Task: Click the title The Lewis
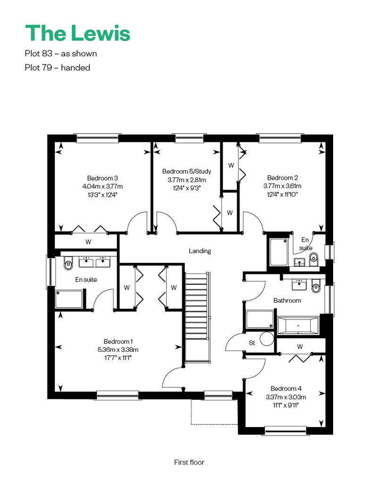pos(77,33)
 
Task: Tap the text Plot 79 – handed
pos(58,68)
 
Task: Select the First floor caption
pos(189,462)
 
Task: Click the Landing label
pos(200,251)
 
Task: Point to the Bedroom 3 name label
pos(103,178)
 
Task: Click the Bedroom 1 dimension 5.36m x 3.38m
pos(118,350)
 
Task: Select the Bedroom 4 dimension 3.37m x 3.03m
pos(286,397)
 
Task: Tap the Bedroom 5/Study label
pos(187,171)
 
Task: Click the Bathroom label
pos(287,300)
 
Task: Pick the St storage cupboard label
pos(252,343)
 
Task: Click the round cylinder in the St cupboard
pos(267,339)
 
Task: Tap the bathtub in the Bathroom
pos(298,325)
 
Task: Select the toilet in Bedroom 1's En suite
pos(68,263)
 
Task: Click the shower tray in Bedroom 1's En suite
pos(69,299)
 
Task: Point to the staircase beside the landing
pos(198,317)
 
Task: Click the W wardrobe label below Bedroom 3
pos(88,242)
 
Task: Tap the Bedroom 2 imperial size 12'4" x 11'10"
pos(282,194)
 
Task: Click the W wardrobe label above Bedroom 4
pos(300,347)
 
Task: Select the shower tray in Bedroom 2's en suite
pos(279,252)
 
